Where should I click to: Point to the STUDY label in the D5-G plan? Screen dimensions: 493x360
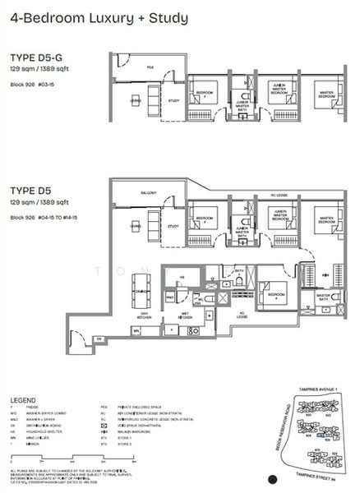(173, 100)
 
